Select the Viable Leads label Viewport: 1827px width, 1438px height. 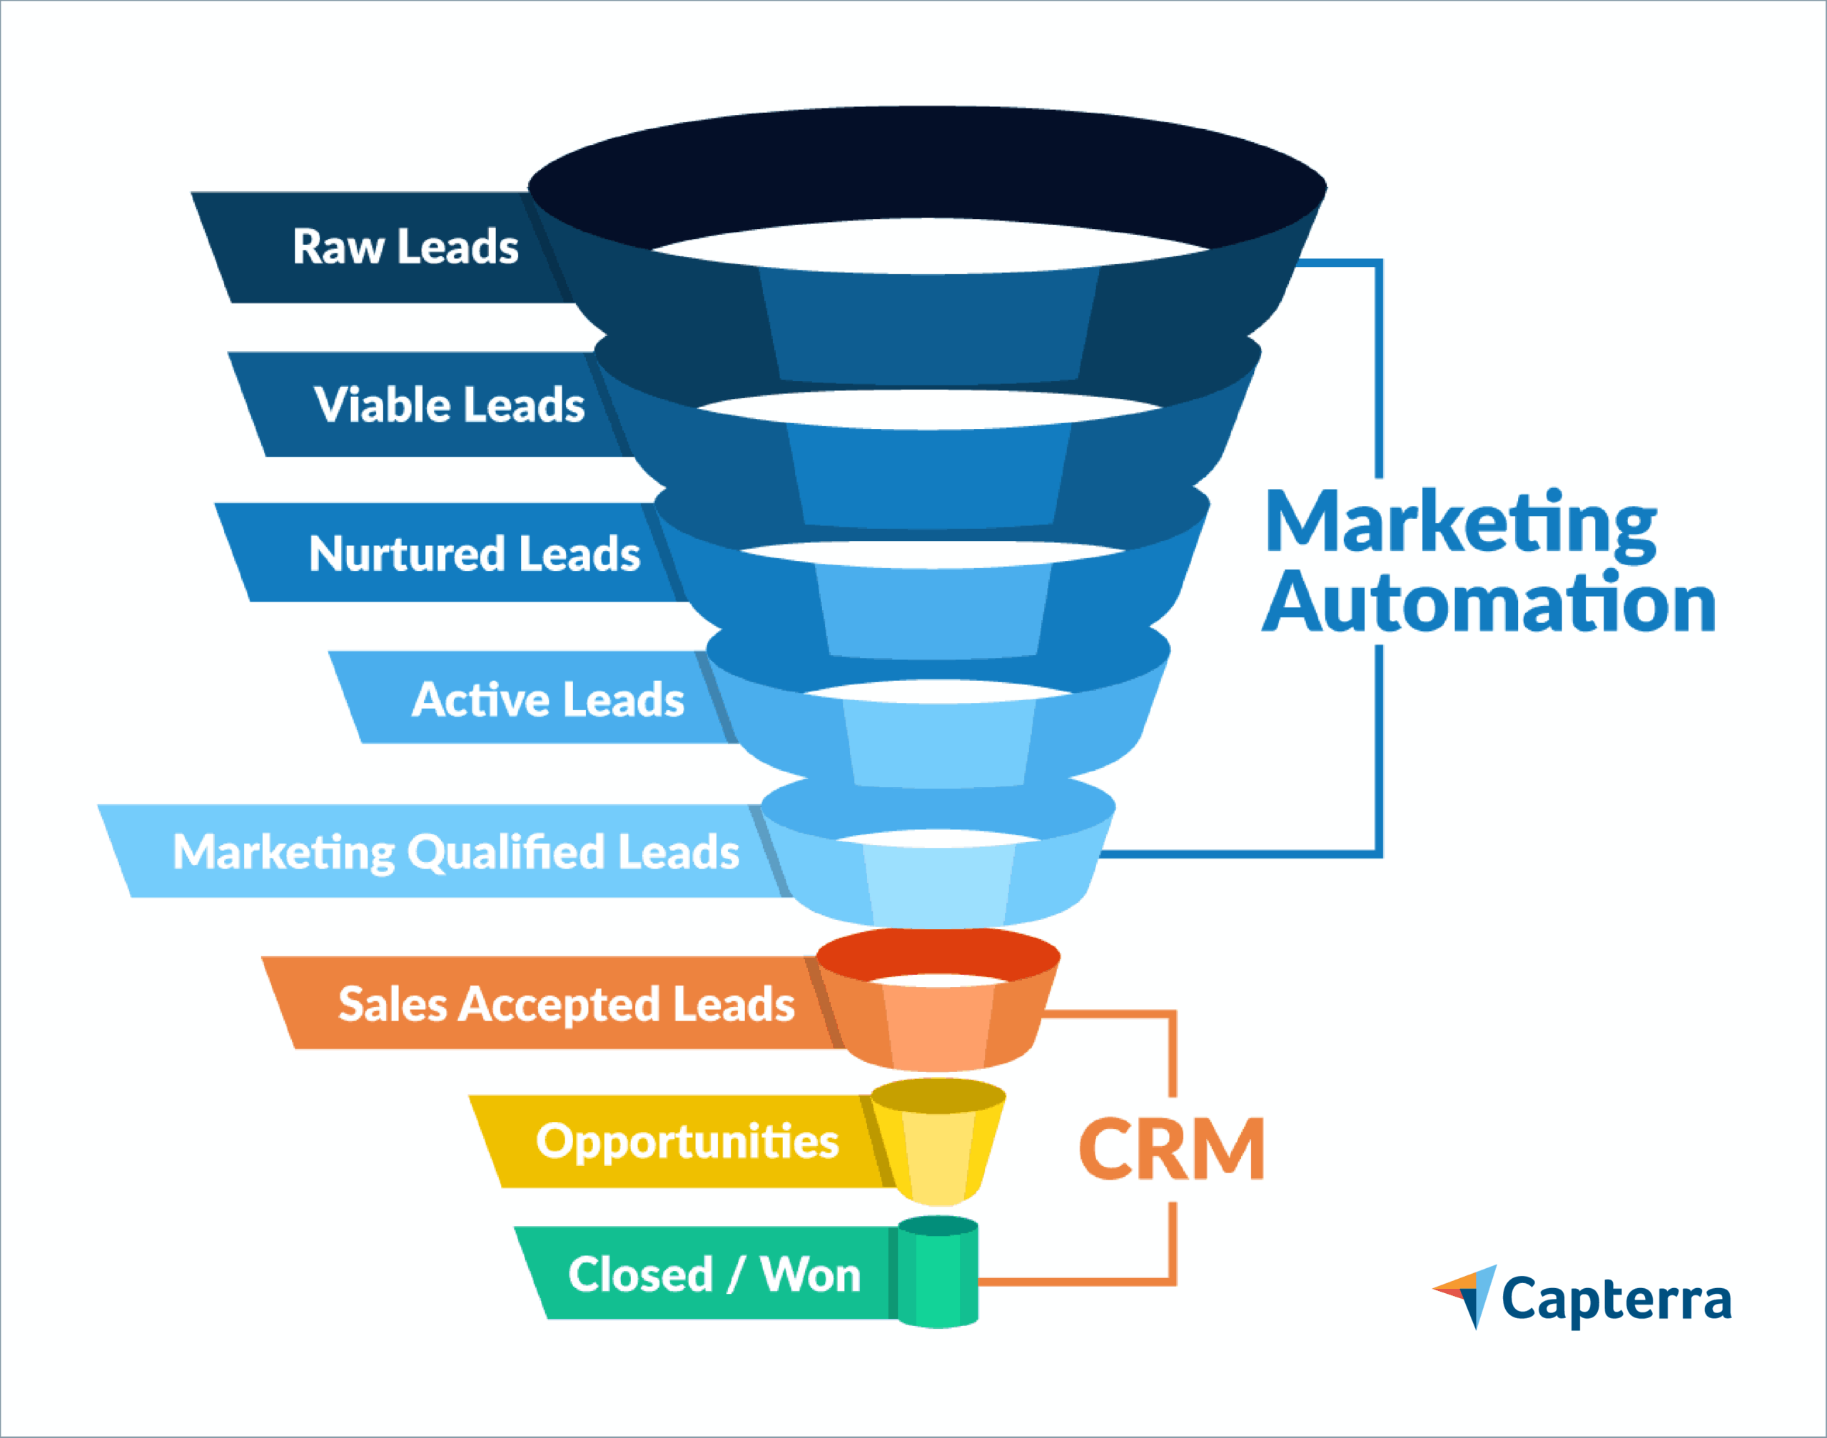tap(450, 405)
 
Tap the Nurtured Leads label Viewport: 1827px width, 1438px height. tap(474, 554)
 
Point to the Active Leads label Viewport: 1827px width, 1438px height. tap(548, 699)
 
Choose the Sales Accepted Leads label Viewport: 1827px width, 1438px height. tap(566, 1004)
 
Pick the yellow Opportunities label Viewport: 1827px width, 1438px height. tap(687, 1142)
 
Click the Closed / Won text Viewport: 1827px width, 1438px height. tap(714, 1274)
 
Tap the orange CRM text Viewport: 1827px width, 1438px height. tap(1171, 1149)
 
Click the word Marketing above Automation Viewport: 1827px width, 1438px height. tap(1461, 524)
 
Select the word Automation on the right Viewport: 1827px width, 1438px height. tap(1489, 603)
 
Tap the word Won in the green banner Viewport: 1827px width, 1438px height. tap(810, 1274)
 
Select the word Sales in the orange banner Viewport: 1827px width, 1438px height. tap(392, 1004)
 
